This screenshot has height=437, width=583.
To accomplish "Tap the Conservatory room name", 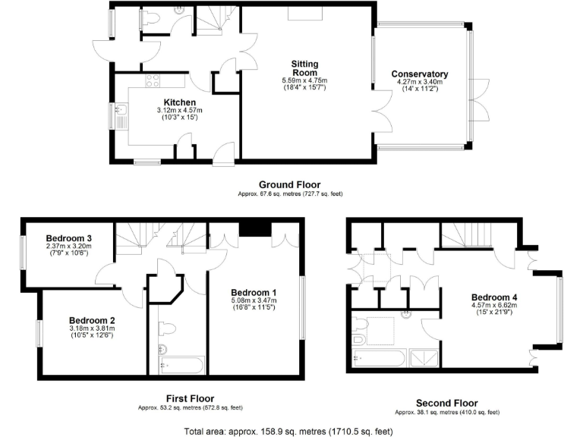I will coord(419,74).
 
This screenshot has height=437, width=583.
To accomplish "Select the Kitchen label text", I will coord(180,102).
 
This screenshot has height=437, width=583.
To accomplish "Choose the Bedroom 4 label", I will coord(495,297).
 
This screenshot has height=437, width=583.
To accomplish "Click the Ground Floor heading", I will coord(289,184).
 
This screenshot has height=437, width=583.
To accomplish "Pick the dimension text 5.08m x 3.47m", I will coord(254,301).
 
